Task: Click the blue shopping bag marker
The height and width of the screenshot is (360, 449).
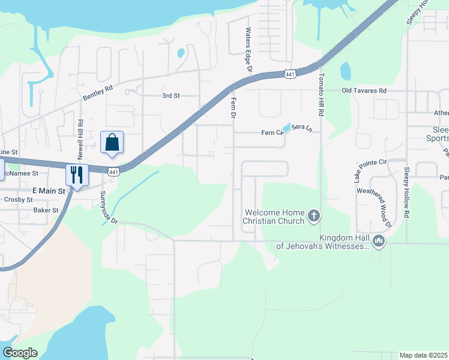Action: point(112,143)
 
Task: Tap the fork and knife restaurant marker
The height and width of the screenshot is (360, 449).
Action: point(77,175)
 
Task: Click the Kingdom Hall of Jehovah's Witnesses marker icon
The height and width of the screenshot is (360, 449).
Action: point(378,241)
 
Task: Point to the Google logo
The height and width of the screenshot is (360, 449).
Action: point(20,353)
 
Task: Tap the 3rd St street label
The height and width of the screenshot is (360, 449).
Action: point(171,95)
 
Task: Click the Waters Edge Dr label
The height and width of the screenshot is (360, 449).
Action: point(248,50)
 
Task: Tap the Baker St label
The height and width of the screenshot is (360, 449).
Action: point(46,211)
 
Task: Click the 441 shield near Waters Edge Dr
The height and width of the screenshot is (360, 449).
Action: point(290,74)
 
